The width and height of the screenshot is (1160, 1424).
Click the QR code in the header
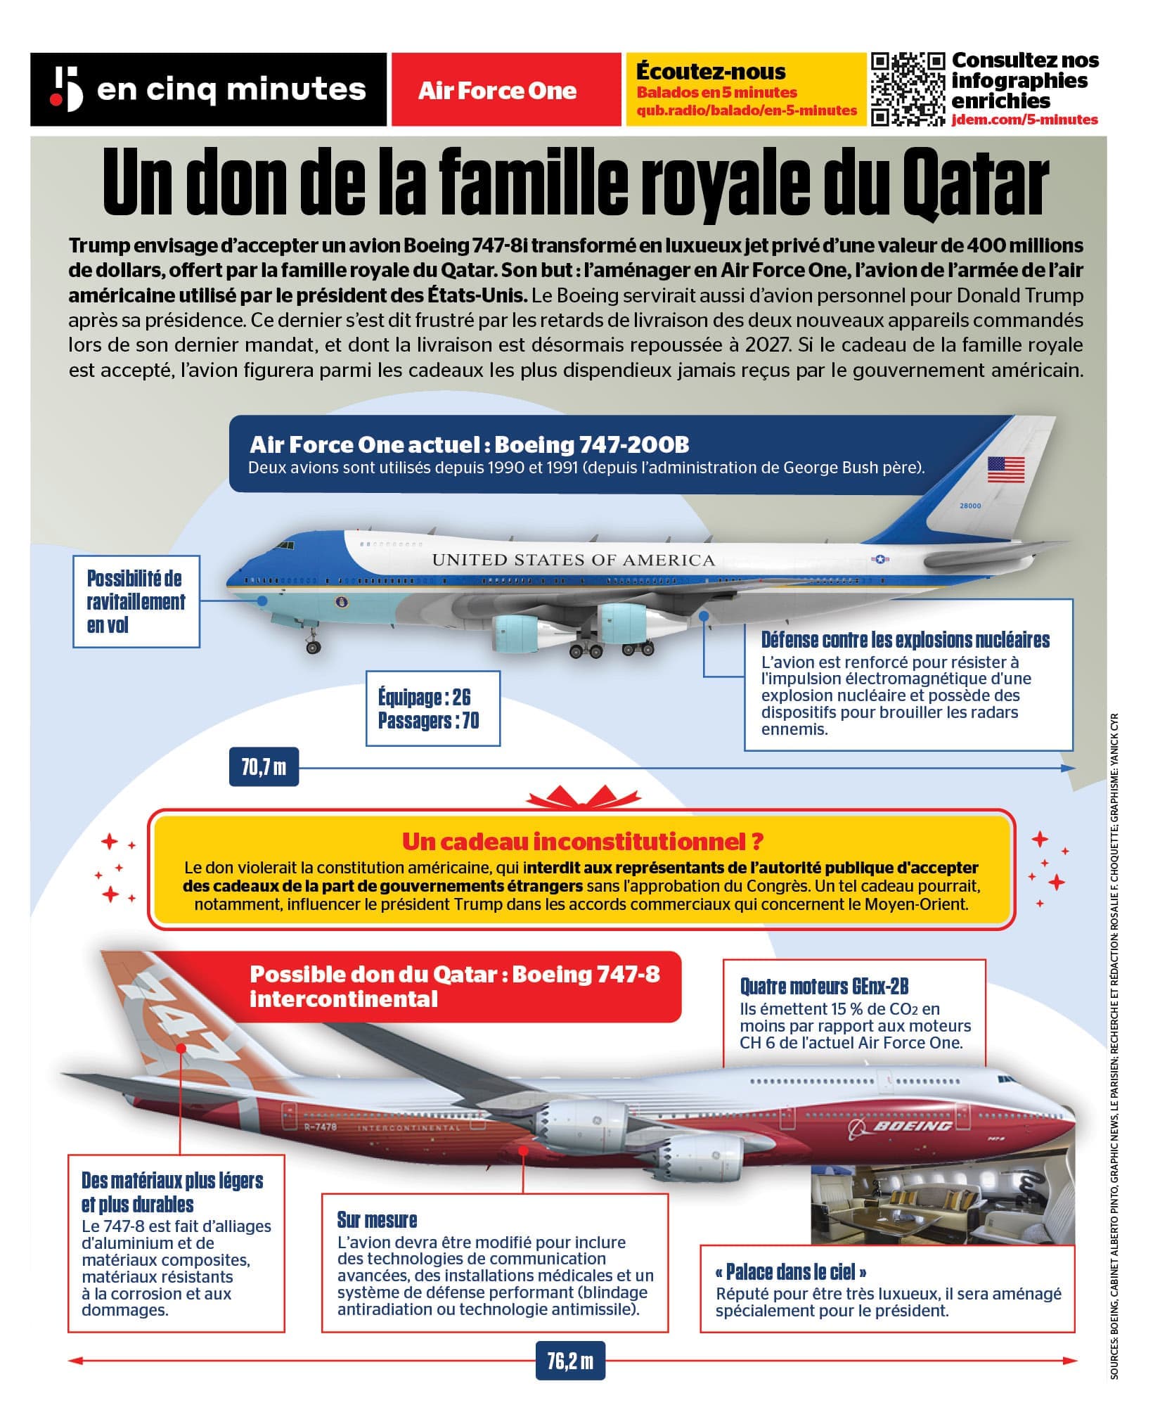(x=908, y=89)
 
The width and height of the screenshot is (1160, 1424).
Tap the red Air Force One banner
(x=497, y=90)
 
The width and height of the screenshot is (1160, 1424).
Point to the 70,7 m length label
(x=264, y=766)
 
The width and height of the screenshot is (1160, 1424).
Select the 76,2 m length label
(x=569, y=1361)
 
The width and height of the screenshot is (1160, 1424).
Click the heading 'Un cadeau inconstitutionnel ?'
(x=582, y=841)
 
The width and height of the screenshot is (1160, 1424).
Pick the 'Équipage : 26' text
(x=424, y=698)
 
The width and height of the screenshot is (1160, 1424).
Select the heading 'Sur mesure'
(x=377, y=1219)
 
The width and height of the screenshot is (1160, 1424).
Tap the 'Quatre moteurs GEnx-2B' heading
(x=824, y=987)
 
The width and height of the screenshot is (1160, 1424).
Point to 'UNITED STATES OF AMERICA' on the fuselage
(x=573, y=560)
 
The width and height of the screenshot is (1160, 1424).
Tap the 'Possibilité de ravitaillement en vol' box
(x=136, y=601)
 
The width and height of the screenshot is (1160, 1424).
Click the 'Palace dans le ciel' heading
(x=790, y=1271)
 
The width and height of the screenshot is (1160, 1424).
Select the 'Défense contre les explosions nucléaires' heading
(x=905, y=640)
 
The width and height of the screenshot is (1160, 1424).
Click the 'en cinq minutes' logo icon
(x=66, y=89)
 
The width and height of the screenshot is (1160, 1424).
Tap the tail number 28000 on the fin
(x=969, y=506)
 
